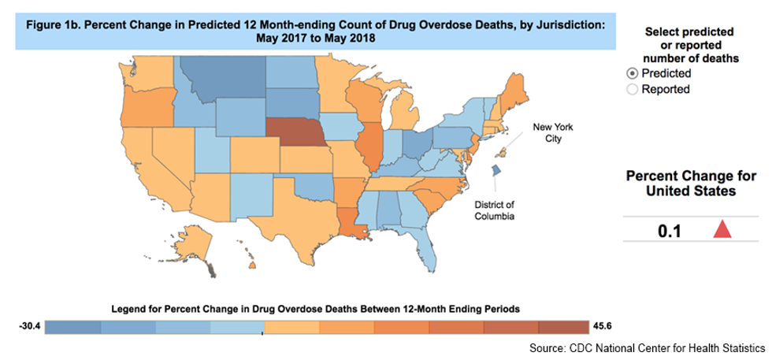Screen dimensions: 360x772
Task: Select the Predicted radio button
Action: [632, 73]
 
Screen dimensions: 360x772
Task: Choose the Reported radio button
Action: [632, 89]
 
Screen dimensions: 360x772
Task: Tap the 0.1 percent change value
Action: [670, 231]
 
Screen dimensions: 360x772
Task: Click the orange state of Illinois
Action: [368, 146]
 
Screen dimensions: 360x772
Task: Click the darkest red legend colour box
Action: [563, 327]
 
